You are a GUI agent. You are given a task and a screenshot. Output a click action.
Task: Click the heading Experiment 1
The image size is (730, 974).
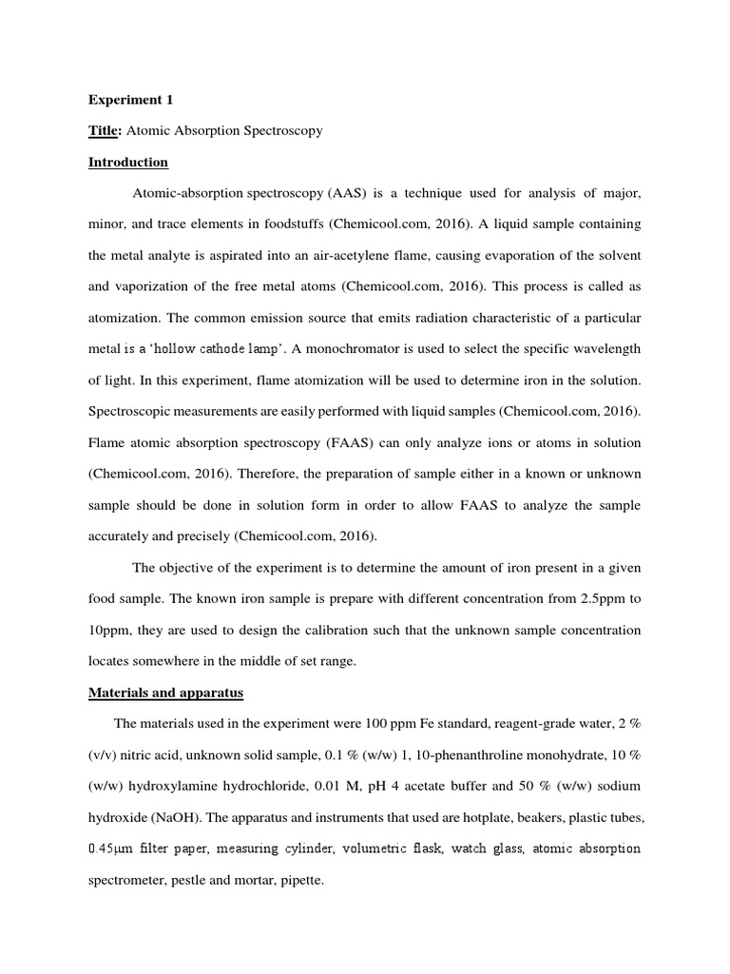131,99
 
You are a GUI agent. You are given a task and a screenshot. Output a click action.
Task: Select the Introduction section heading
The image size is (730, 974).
127,162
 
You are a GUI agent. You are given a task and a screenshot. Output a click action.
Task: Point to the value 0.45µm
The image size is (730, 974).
112,848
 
